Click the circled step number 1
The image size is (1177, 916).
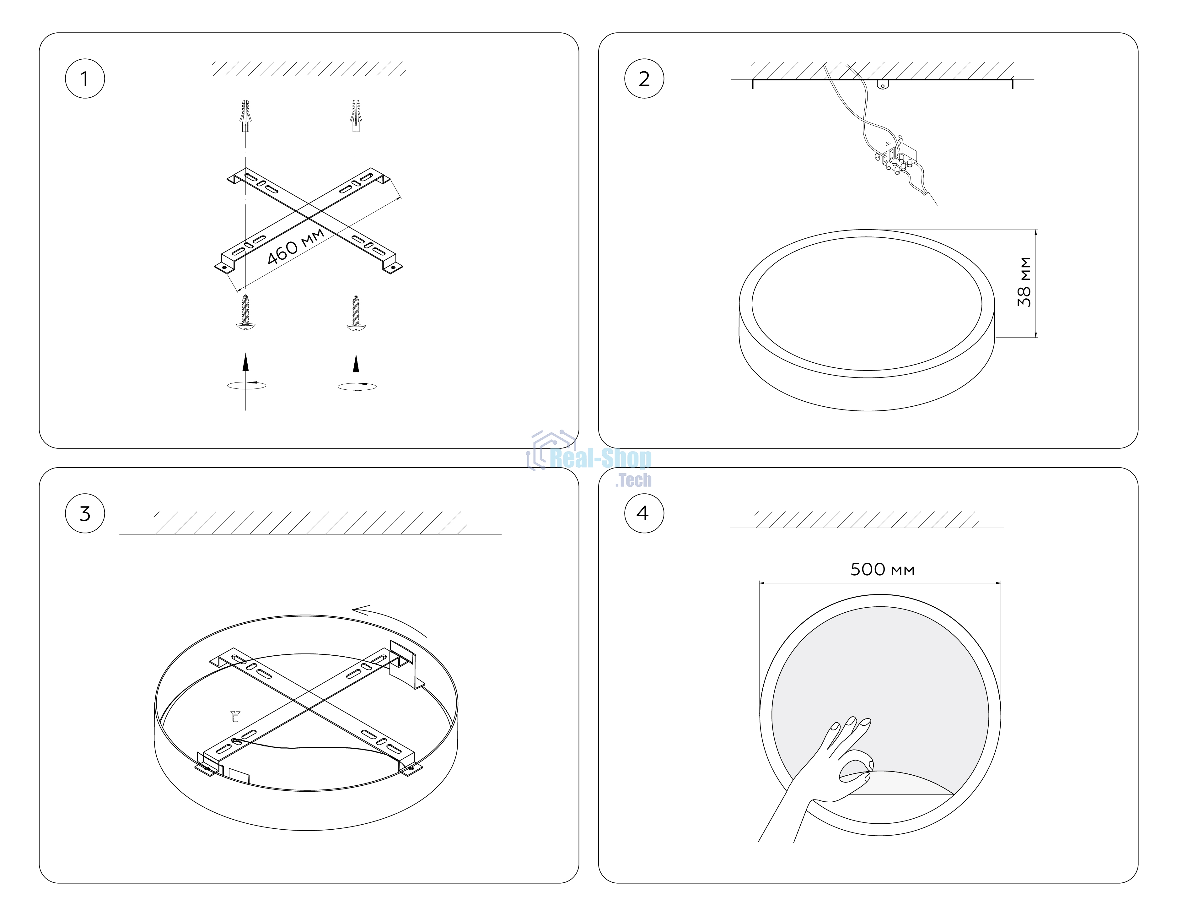point(85,79)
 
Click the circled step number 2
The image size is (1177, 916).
point(644,79)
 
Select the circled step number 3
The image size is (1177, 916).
point(85,513)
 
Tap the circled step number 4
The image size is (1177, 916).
point(644,513)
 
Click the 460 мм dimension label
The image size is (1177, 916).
point(295,247)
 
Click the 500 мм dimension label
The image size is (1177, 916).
point(882,569)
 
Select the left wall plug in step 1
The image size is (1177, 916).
point(245,116)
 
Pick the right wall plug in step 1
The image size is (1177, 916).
point(356,116)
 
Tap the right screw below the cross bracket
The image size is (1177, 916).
point(356,313)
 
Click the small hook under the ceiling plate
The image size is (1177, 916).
point(882,85)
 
